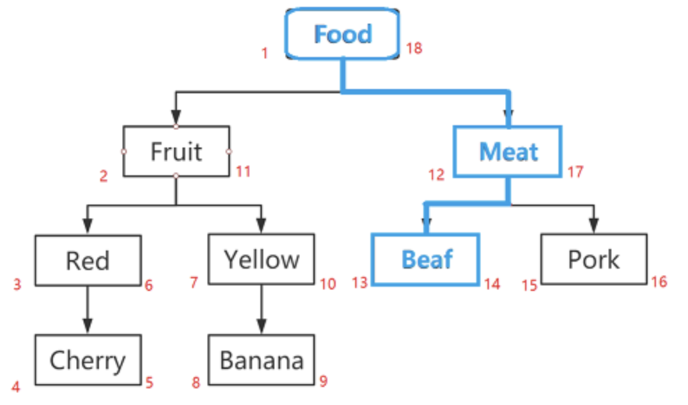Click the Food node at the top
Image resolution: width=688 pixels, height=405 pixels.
coord(343,34)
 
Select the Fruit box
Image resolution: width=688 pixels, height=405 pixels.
coord(176,151)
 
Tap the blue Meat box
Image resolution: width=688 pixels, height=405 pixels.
coord(508,151)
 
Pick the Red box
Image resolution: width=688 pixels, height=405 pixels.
coord(88,260)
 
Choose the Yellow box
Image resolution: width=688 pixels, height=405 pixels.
coord(261,259)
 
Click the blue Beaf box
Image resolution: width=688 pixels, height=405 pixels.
coord(426,260)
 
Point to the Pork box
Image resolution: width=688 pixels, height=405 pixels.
coord(593,259)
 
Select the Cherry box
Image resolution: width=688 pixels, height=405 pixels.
coord(88,360)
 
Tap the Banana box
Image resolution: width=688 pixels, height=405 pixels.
coord(261,360)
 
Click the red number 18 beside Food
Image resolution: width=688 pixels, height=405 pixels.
coord(414,49)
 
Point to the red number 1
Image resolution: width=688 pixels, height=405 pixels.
coord(265,53)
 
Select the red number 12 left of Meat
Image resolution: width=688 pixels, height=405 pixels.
coord(436,175)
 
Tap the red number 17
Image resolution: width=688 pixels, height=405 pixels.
coord(575,171)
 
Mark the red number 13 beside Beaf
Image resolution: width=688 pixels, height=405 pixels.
coord(359,283)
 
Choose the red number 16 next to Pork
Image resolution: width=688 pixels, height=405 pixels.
coord(659,281)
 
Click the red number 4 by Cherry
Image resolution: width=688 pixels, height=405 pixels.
coord(16,387)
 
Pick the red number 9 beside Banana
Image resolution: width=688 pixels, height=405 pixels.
coord(323,381)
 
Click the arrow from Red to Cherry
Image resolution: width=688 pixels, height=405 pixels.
coord(88,310)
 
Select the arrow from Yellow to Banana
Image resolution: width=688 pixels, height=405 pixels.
coord(261,309)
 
